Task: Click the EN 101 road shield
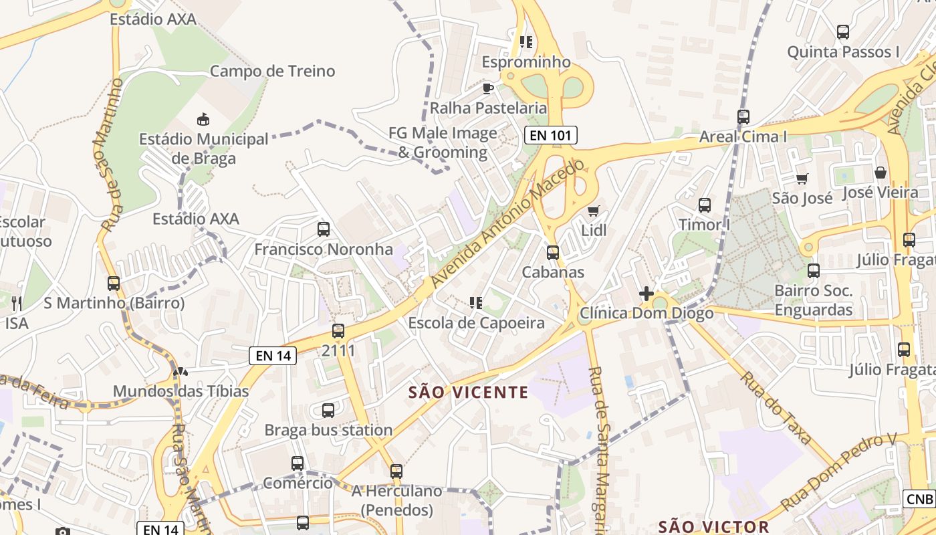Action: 550,135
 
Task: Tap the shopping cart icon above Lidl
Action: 593,211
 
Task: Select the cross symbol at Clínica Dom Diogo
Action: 646,294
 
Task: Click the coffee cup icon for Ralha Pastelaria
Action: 488,88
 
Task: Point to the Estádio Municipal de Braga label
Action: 203,148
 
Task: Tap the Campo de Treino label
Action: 272,71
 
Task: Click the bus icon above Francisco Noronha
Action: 324,229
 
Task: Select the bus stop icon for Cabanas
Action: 553,253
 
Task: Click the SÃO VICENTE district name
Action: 468,393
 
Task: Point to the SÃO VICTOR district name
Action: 713,526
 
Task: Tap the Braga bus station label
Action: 328,430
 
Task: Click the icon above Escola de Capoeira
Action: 476,303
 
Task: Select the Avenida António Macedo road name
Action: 508,224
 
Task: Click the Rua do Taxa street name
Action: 775,408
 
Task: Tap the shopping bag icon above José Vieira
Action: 881,173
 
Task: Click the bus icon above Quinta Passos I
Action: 842,31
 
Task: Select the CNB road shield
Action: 919,499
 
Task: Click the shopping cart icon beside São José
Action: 802,179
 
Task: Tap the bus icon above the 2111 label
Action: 338,331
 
